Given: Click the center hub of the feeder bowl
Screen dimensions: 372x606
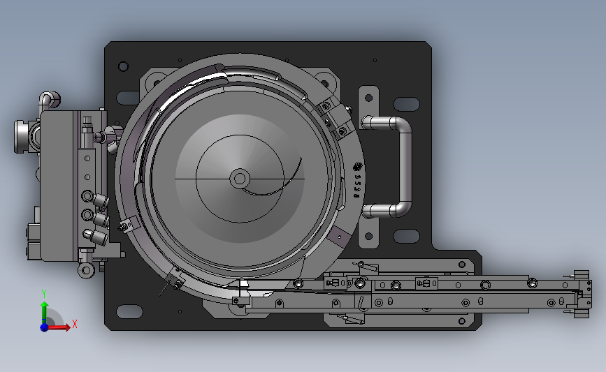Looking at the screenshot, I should click(x=239, y=179).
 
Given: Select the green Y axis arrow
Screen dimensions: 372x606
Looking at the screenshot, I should click(x=44, y=308).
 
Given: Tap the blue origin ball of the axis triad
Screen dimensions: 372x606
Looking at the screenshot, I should click(x=45, y=327).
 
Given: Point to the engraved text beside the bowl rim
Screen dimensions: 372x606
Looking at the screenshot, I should click(x=357, y=181).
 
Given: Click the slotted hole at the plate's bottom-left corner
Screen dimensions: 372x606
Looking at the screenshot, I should click(x=127, y=311).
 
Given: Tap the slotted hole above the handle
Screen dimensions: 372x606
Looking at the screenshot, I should click(x=406, y=104).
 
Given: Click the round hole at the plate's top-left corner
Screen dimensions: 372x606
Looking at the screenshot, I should click(x=124, y=66).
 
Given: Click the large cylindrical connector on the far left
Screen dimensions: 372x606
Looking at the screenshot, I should click(x=23, y=136).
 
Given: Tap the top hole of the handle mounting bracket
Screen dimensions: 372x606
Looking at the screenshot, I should click(x=368, y=97).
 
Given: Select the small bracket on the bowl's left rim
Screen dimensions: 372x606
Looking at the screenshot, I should click(x=127, y=225).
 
